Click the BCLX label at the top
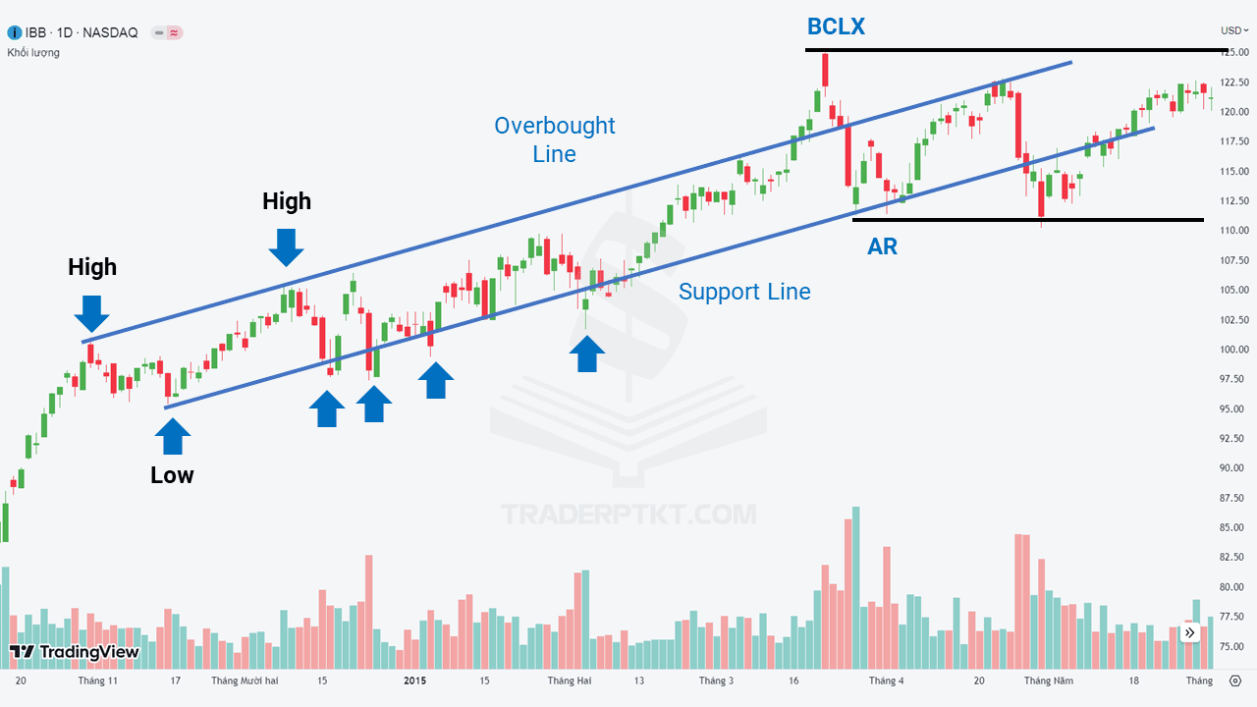click(x=836, y=27)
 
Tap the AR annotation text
click(x=882, y=246)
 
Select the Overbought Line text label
click(x=555, y=139)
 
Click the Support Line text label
click(x=744, y=292)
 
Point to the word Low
click(x=172, y=475)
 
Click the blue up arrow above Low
click(x=173, y=437)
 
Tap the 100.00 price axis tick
click(x=1234, y=349)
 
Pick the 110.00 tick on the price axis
click(x=1234, y=230)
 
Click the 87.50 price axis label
click(x=1234, y=498)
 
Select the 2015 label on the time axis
click(x=414, y=680)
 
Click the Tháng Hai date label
click(x=569, y=680)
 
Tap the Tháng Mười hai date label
click(x=245, y=680)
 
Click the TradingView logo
click(x=74, y=651)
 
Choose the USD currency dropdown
click(x=1234, y=30)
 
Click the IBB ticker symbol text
click(x=35, y=32)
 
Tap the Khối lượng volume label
click(x=33, y=53)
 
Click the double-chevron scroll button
click(x=1189, y=633)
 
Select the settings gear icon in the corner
click(x=1235, y=680)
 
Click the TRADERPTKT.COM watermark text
click(x=628, y=515)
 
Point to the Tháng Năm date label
click(x=1048, y=680)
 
